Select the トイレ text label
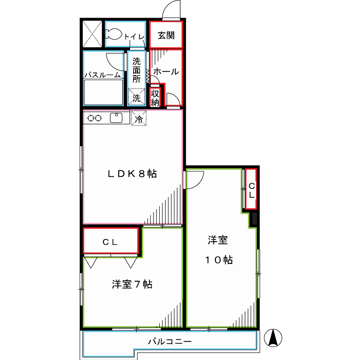[x=134, y=36]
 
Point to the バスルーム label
[x=103, y=75]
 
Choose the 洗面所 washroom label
[x=137, y=70]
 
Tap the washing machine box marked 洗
[x=136, y=97]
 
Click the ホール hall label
[x=166, y=72]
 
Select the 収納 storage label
[x=155, y=98]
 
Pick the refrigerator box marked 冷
[x=139, y=119]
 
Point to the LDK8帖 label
[x=131, y=174]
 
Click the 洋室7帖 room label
[x=131, y=284]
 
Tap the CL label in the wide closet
[x=110, y=242]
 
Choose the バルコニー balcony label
[x=170, y=342]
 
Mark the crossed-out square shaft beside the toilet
[x=93, y=34]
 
